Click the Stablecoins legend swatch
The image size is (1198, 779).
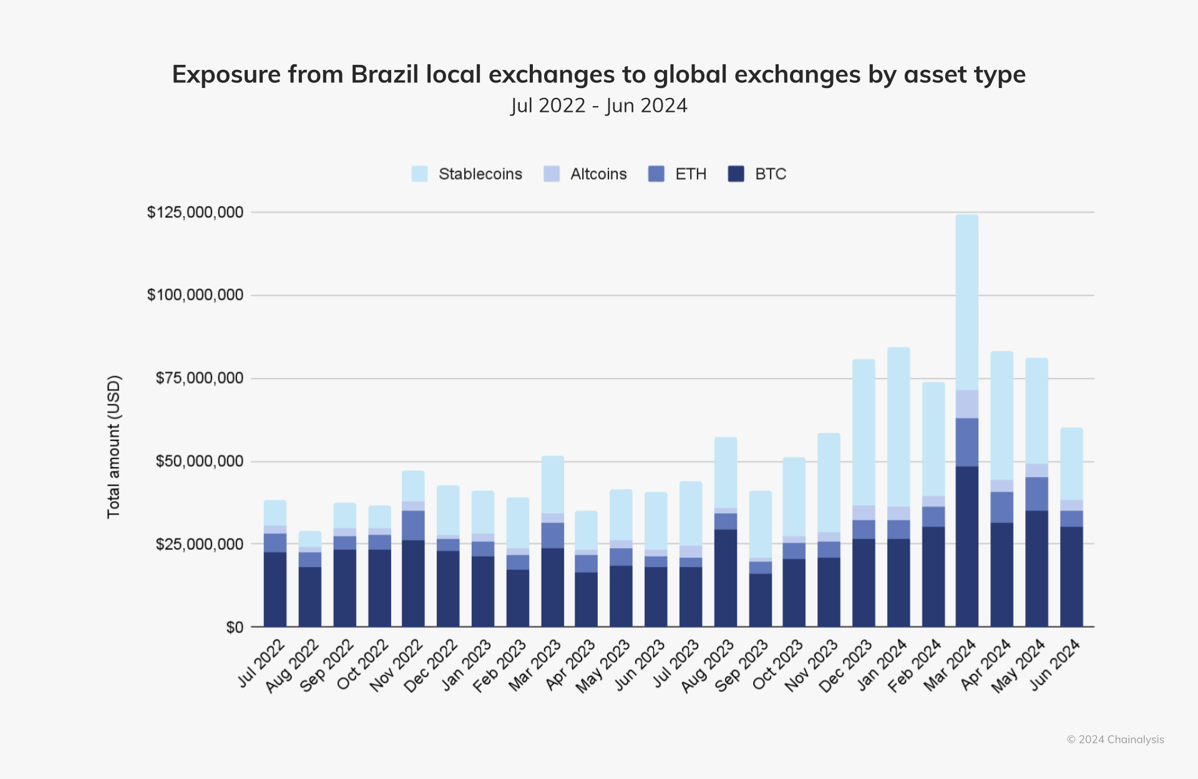(x=419, y=174)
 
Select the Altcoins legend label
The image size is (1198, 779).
(x=598, y=174)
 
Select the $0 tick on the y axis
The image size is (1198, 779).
(x=235, y=627)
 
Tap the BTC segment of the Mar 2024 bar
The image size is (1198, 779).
(x=967, y=546)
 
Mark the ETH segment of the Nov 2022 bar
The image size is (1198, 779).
(x=413, y=526)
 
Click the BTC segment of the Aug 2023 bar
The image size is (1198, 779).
(x=726, y=578)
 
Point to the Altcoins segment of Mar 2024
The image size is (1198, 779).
(x=967, y=404)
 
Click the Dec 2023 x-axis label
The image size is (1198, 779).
(x=846, y=667)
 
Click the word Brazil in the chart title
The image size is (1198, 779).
(x=384, y=74)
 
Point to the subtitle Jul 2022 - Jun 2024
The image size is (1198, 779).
(x=599, y=105)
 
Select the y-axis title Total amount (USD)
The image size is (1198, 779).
(x=113, y=447)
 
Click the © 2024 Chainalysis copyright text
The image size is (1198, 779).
(x=1115, y=740)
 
